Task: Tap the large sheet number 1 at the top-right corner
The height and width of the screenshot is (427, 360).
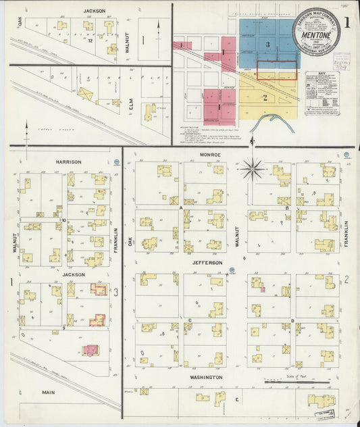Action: (x=346, y=21)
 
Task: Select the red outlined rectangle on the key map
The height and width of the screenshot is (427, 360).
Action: (x=277, y=70)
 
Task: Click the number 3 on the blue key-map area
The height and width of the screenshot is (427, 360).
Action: (x=267, y=45)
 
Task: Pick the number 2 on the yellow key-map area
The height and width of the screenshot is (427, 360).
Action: (x=265, y=97)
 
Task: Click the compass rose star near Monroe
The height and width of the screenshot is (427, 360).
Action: (x=252, y=168)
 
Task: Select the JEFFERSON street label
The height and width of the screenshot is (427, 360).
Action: (x=207, y=262)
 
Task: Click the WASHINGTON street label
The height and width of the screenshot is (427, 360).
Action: (x=205, y=377)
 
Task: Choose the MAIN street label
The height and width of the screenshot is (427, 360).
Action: (x=48, y=392)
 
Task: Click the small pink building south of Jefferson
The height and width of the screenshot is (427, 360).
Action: (x=262, y=289)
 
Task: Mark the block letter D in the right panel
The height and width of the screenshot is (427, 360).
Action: (x=292, y=320)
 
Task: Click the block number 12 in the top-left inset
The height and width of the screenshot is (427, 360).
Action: (x=90, y=41)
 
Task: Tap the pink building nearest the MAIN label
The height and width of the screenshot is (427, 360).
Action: (x=91, y=350)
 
